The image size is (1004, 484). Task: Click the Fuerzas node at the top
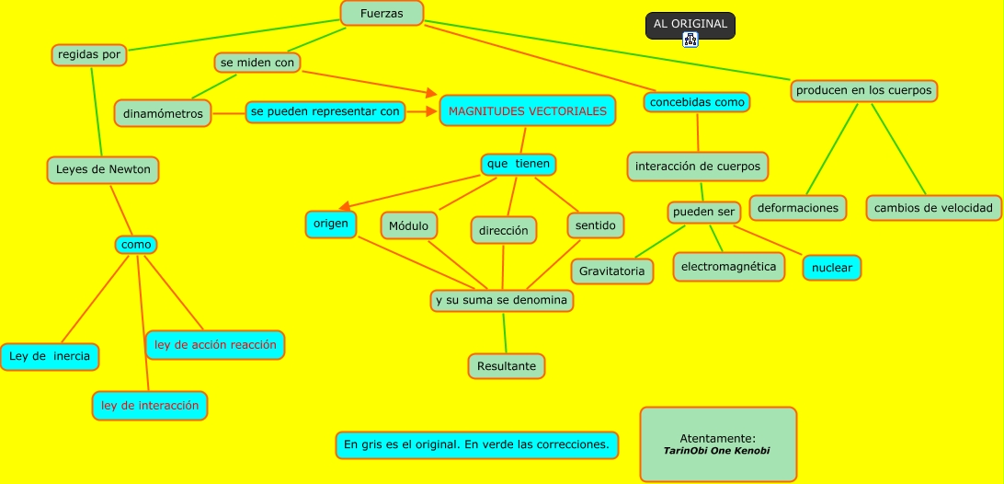click(x=382, y=13)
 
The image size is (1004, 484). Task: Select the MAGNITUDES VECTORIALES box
click(x=528, y=111)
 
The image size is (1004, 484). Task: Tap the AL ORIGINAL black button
click(x=690, y=24)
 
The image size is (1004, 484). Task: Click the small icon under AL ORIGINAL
click(x=690, y=40)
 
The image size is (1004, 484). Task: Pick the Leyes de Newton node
click(x=103, y=169)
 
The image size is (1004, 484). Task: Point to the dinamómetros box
click(x=164, y=113)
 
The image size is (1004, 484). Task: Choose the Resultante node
click(x=506, y=366)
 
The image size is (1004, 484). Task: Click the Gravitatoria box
click(x=612, y=271)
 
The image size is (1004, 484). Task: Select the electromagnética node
click(x=729, y=267)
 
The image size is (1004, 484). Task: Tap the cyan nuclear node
click(x=832, y=269)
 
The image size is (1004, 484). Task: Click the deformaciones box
click(x=798, y=208)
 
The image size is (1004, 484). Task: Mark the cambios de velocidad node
click(x=933, y=208)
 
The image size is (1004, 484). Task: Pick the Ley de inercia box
click(x=50, y=356)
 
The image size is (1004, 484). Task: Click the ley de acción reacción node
click(x=215, y=345)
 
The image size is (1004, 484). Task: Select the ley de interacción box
click(x=150, y=405)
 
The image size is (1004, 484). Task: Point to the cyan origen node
click(x=331, y=224)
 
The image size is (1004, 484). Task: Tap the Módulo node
click(x=408, y=225)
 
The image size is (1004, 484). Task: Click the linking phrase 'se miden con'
click(x=258, y=63)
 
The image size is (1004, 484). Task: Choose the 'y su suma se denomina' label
click(x=502, y=301)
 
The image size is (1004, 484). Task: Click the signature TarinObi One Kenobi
click(x=717, y=451)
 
